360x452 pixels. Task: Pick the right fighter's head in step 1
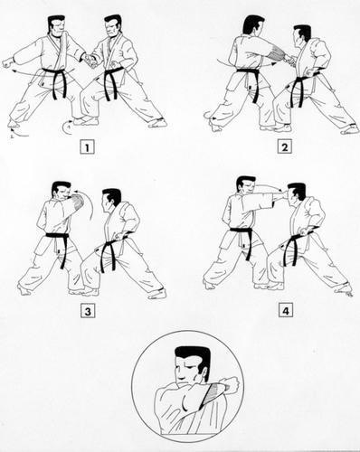(x=111, y=29)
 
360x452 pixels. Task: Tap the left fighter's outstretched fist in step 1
(x=9, y=64)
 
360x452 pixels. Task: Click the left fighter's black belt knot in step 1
(x=56, y=76)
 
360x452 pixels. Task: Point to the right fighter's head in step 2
(x=302, y=36)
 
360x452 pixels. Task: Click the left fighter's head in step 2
(x=252, y=27)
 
